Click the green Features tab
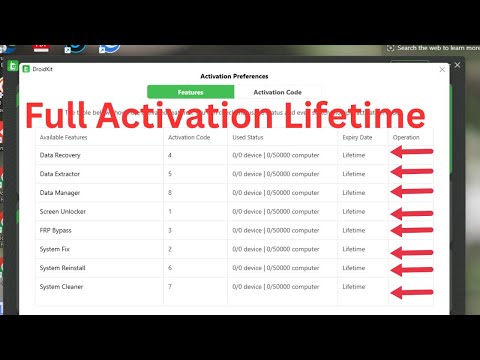tap(190, 91)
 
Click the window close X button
tap(442, 69)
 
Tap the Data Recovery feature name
tap(61, 155)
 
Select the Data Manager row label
tap(60, 192)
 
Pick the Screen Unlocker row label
tap(63, 211)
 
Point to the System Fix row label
tap(56, 248)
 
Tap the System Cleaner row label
tap(61, 286)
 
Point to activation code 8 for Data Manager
tap(171, 192)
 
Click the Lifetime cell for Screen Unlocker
tap(354, 211)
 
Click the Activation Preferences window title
tap(234, 75)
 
